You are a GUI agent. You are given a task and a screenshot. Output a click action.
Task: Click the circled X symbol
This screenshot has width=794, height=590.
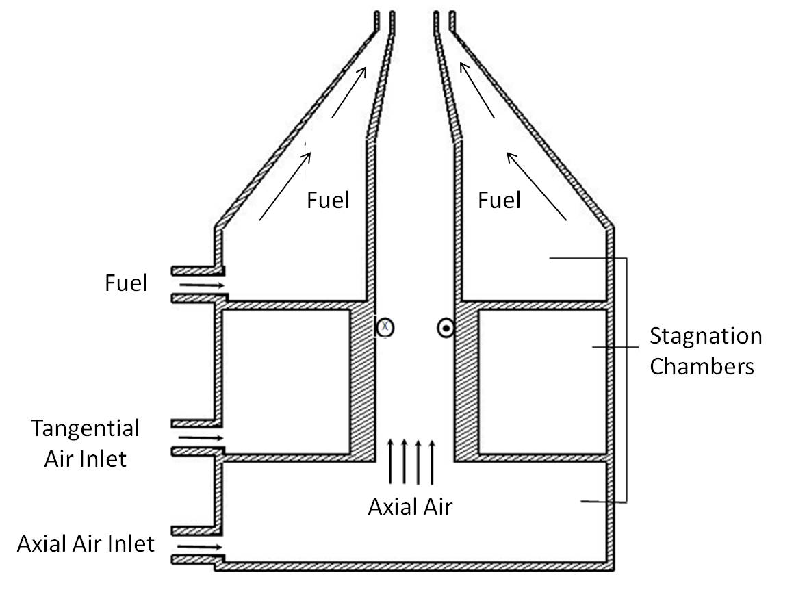tap(385, 328)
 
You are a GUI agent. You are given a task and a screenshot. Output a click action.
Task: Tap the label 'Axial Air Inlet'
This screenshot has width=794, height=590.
tap(86, 545)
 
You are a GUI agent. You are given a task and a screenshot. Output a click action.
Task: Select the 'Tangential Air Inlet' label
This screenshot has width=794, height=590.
tap(86, 443)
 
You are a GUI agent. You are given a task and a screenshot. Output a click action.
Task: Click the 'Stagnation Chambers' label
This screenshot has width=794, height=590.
tap(705, 350)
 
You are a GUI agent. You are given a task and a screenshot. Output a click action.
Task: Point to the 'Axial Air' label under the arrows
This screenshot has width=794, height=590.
tap(410, 507)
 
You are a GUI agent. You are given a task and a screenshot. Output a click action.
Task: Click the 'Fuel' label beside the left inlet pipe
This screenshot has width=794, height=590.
tap(126, 283)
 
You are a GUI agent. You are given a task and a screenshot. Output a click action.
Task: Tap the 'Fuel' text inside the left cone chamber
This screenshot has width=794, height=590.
tap(327, 200)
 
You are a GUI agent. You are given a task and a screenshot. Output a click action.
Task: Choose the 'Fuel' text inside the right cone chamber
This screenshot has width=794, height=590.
tap(499, 200)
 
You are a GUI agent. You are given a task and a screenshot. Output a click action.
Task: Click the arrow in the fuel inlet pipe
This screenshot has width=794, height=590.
tap(202, 284)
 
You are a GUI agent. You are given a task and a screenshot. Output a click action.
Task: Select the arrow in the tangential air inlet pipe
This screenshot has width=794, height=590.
tap(201, 437)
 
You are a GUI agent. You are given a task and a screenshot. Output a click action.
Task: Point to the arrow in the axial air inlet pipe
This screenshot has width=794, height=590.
tap(200, 547)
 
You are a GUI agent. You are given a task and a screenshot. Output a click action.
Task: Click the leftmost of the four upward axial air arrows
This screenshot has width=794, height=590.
tap(390, 462)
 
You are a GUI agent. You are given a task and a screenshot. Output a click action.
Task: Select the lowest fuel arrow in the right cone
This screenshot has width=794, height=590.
tap(537, 186)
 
